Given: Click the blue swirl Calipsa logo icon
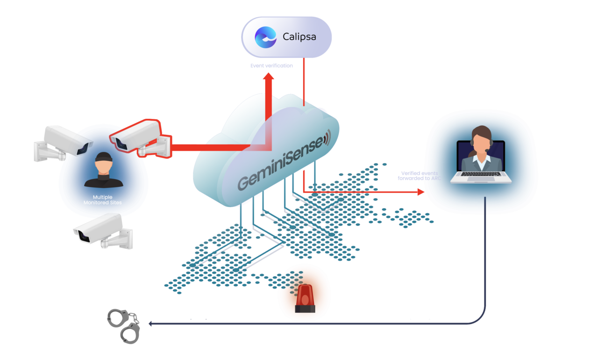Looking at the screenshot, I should (265, 37).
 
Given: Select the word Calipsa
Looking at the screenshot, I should (299, 36).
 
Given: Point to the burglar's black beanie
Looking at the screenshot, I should (103, 157).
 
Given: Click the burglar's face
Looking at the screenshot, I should (103, 166).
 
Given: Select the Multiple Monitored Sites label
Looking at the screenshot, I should (103, 200).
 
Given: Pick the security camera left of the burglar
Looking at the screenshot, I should (64, 141).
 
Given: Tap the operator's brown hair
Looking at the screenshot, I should (481, 133).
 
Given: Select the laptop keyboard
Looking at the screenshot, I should (481, 174).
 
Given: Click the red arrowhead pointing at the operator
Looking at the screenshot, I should (421, 192).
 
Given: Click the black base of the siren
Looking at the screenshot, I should (305, 309).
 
